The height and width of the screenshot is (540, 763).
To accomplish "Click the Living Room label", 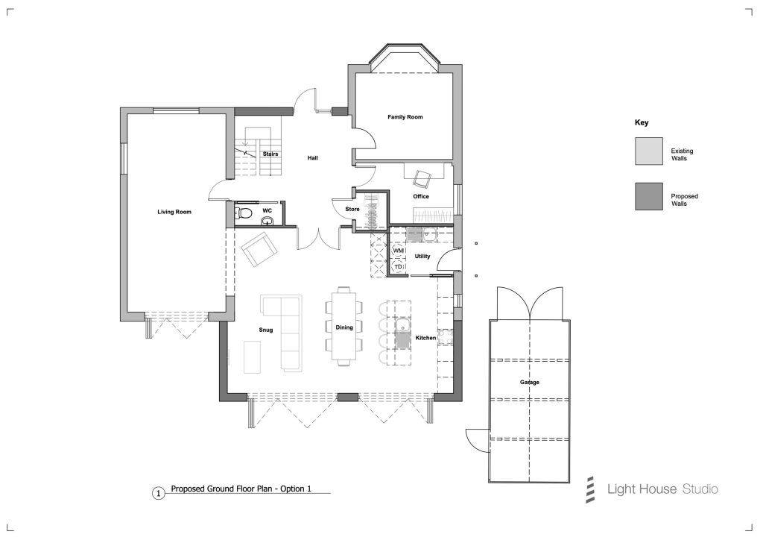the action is (174, 212).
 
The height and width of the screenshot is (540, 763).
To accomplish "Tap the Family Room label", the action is (405, 117).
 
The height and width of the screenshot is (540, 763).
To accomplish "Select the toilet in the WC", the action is (244, 213).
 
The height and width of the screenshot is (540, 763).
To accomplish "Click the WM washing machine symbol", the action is (398, 251).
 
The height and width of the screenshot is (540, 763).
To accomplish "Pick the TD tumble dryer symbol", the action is (398, 266).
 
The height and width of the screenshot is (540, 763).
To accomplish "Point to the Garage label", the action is (530, 382).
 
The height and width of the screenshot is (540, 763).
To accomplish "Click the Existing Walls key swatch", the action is (649, 151).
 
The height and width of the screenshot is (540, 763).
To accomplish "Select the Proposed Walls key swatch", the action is (649, 196).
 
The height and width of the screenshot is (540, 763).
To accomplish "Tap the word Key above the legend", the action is (642, 123).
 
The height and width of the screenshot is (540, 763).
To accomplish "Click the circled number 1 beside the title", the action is (158, 494).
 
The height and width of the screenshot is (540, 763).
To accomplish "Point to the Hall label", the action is (312, 158).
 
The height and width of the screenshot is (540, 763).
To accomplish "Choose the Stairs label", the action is (270, 154).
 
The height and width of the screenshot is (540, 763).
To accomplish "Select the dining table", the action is (344, 326).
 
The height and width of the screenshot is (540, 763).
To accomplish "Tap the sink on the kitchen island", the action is (402, 333).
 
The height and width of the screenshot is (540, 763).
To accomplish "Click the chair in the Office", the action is (422, 178).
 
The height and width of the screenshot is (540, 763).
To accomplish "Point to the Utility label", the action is (422, 256).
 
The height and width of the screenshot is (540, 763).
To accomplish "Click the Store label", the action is (352, 209).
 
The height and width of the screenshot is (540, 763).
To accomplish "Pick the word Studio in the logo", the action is (700, 489).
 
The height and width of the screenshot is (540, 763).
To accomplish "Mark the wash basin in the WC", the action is (267, 222).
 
